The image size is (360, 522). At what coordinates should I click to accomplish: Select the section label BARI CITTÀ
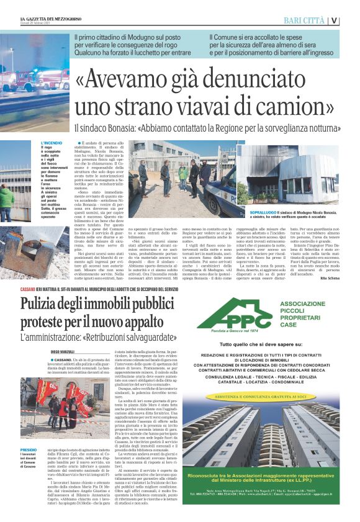click(304, 20)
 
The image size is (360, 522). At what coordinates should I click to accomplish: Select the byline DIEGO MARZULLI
click(65, 352)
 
